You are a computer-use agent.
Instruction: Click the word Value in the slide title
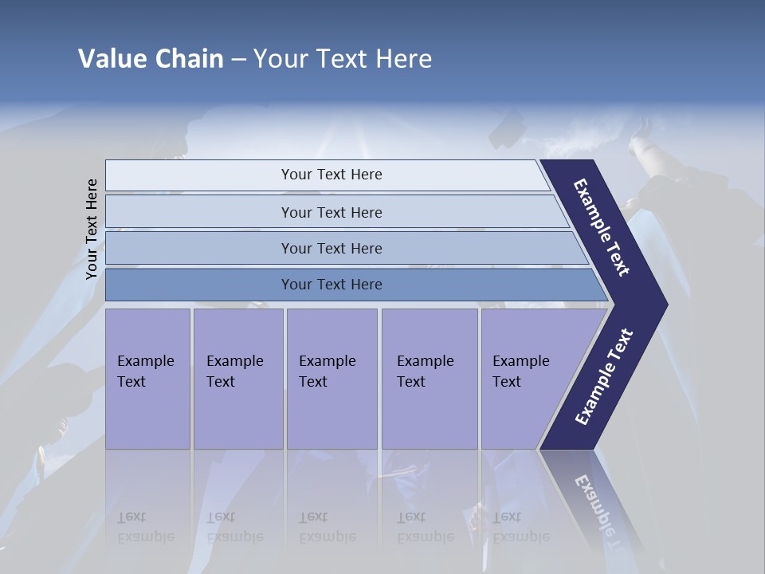pyautogui.click(x=110, y=59)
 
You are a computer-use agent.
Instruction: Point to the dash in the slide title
pyautogui.click(x=238, y=60)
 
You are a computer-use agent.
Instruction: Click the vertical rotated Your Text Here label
pyautogui.click(x=92, y=229)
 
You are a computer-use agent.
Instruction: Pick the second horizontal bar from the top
pyautogui.click(x=331, y=212)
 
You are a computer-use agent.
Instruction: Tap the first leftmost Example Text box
pyautogui.click(x=147, y=378)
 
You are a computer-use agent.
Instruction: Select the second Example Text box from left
pyautogui.click(x=237, y=378)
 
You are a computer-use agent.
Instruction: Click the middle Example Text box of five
pyautogui.click(x=331, y=378)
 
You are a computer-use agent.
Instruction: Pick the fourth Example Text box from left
pyautogui.click(x=429, y=378)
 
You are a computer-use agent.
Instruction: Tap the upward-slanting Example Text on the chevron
pyautogui.click(x=604, y=376)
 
